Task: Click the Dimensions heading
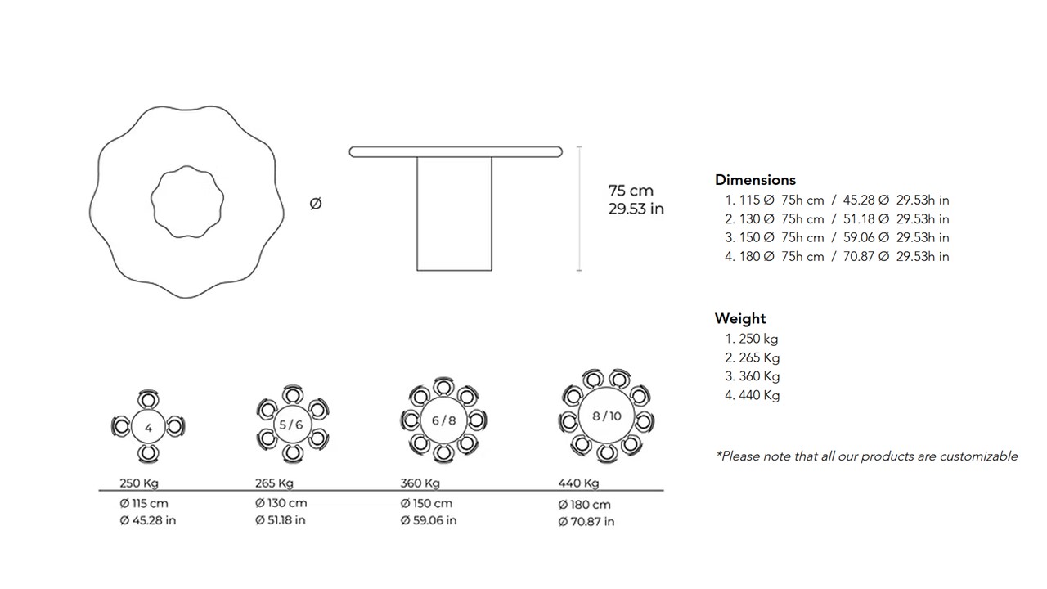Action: tap(755, 180)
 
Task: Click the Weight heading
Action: tap(740, 319)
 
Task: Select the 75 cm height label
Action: tap(631, 191)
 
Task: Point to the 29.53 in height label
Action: tap(636, 209)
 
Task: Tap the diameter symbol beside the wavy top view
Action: tap(316, 204)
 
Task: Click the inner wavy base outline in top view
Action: tap(151, 201)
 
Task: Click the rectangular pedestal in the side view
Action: tap(454, 214)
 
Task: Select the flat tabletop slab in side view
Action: tap(456, 151)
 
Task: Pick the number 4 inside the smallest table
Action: tap(148, 428)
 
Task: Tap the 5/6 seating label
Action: tap(290, 425)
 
